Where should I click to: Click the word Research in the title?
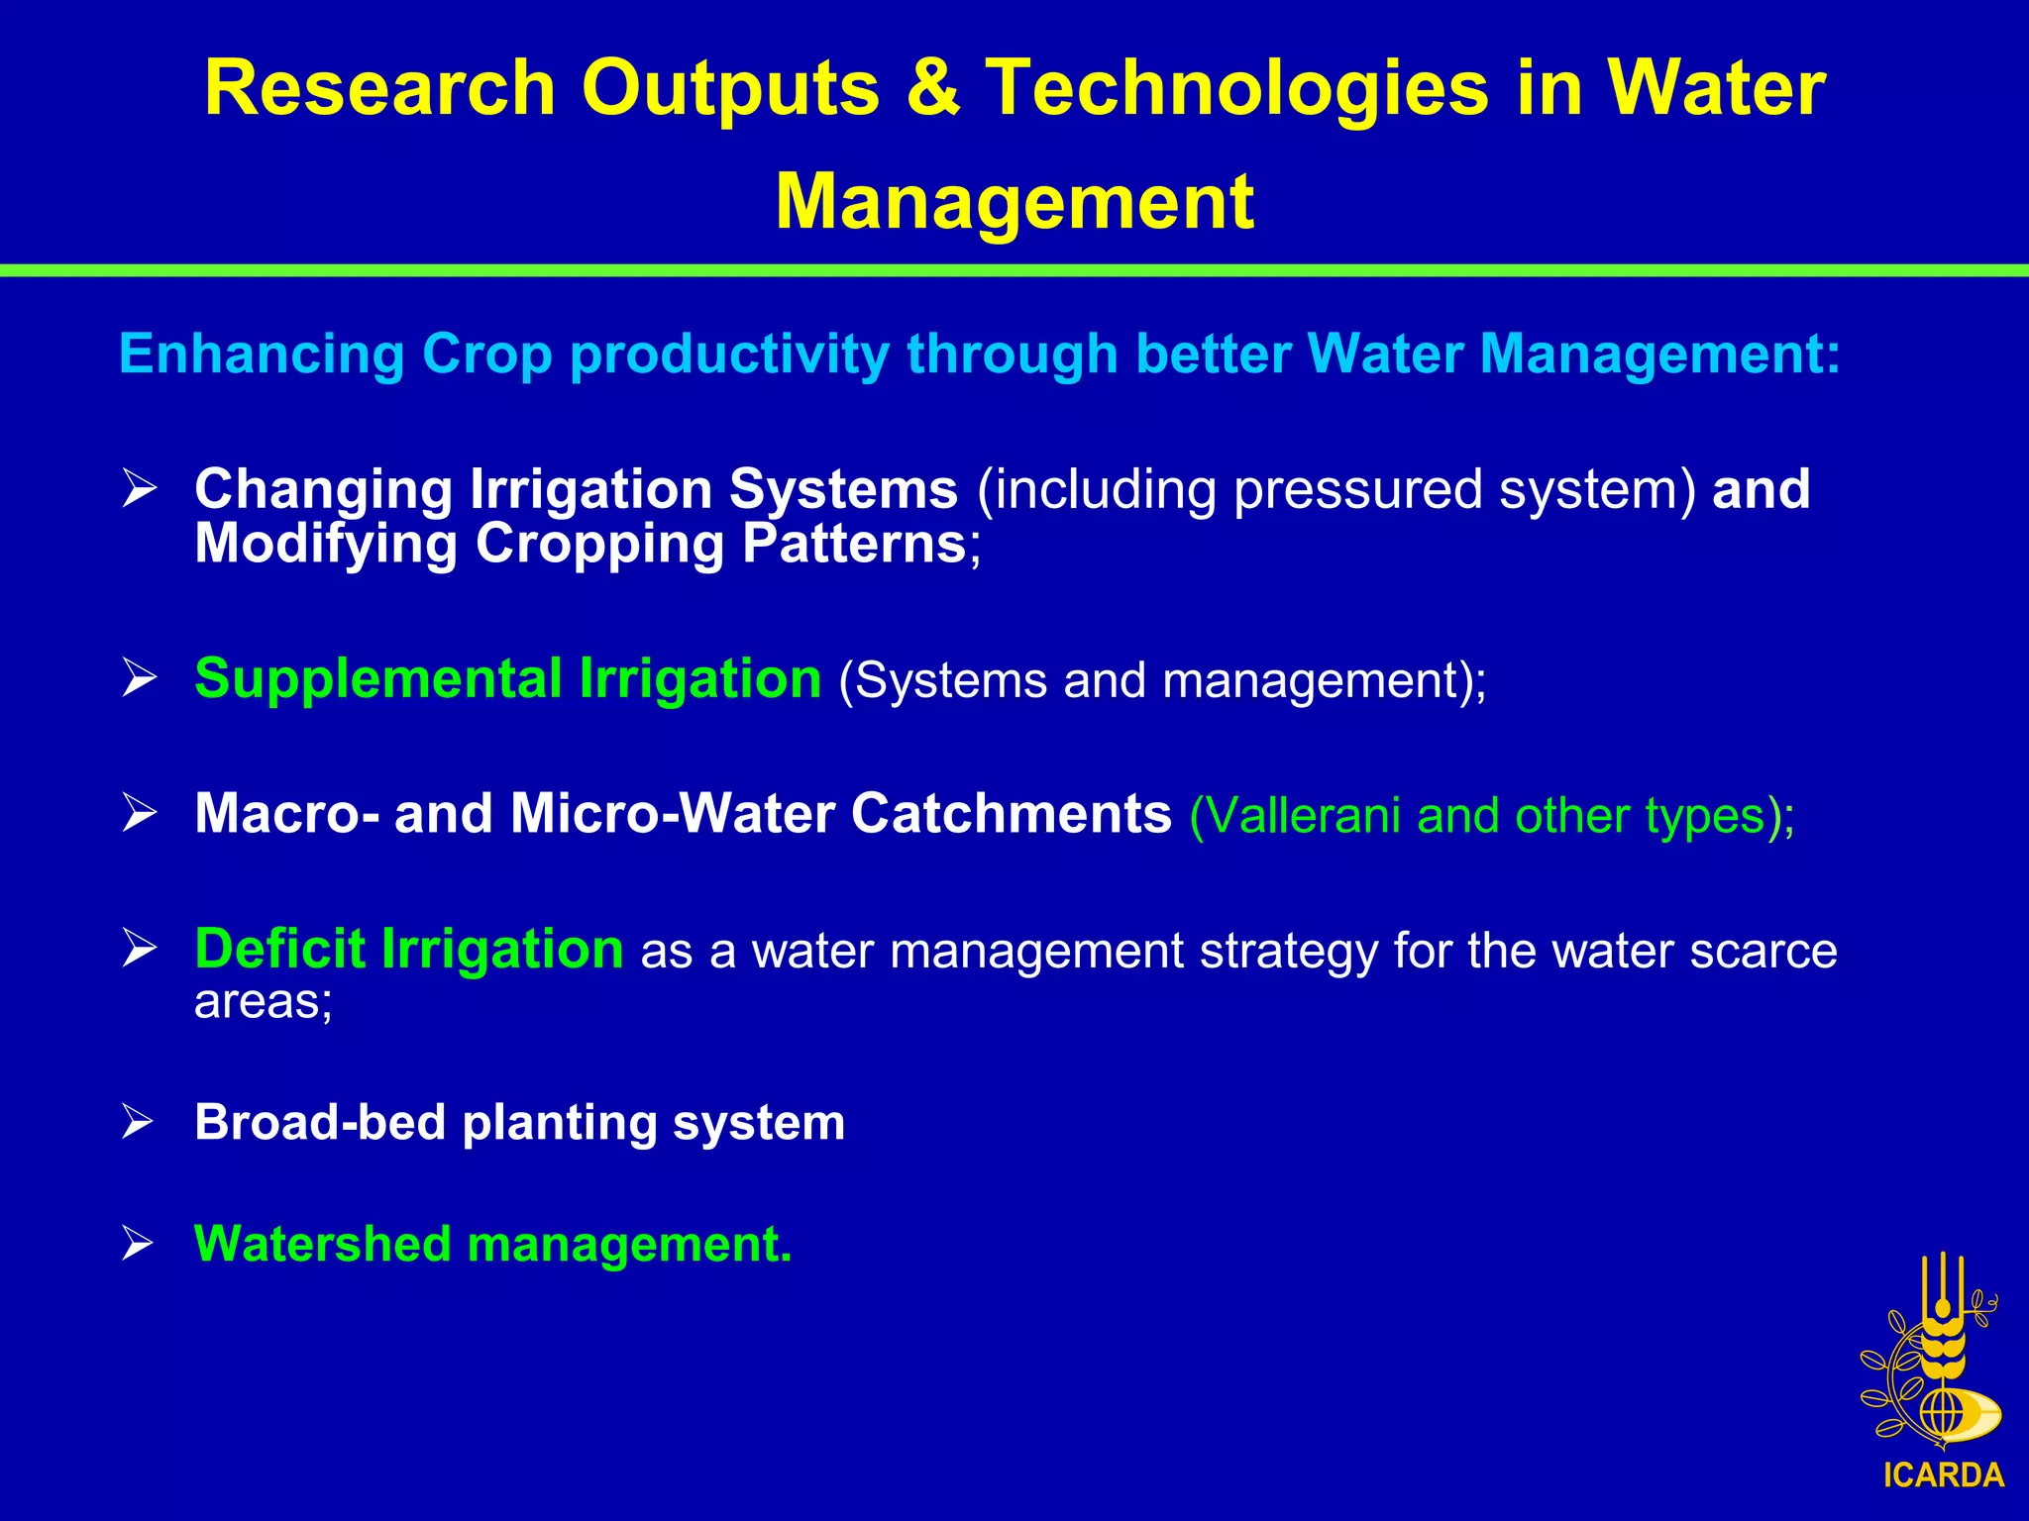click(x=379, y=89)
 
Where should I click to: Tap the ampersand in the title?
click(x=931, y=89)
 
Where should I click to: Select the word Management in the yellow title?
click(x=1014, y=203)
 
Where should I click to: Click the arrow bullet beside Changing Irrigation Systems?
click(x=140, y=489)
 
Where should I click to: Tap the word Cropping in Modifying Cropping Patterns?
click(x=599, y=544)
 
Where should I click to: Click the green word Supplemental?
click(x=377, y=680)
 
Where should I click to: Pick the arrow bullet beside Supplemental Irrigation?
click(x=140, y=678)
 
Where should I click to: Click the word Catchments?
click(x=1011, y=814)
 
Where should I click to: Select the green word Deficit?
click(x=279, y=949)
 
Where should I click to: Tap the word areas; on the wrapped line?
click(x=263, y=1002)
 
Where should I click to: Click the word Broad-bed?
click(x=319, y=1123)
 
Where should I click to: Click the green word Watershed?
click(x=322, y=1244)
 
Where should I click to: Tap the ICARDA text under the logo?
click(x=1943, y=1475)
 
